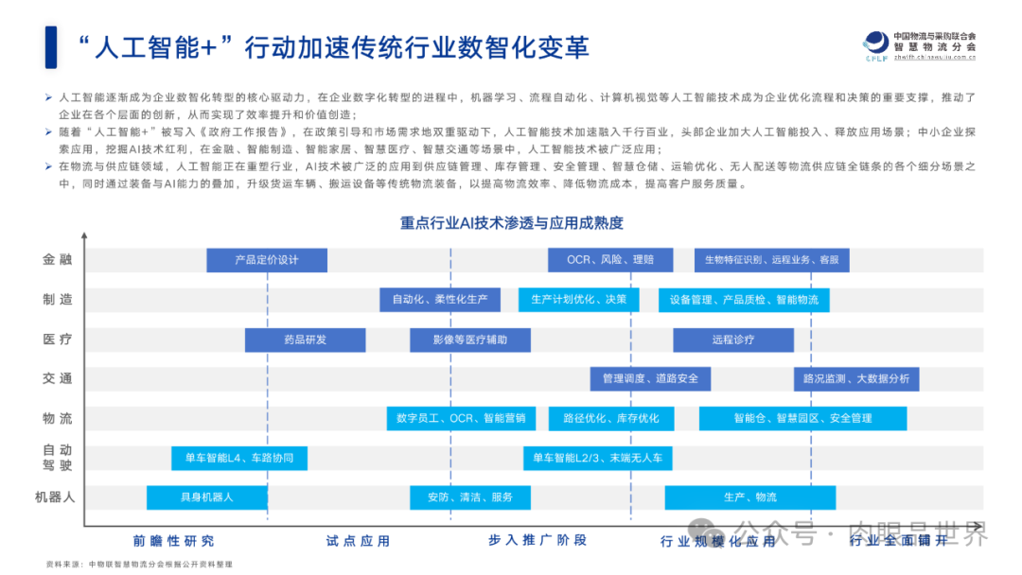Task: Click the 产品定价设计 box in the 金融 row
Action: pyautogui.click(x=266, y=260)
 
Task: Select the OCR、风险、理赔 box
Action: pyautogui.click(x=609, y=260)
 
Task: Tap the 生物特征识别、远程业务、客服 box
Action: pyautogui.click(x=771, y=260)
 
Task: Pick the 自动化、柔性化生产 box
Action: pyautogui.click(x=440, y=300)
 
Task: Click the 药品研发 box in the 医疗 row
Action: pyautogui.click(x=305, y=340)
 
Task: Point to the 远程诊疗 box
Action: pyautogui.click(x=733, y=340)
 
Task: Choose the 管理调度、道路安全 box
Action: pyautogui.click(x=650, y=379)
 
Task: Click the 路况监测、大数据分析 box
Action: pyautogui.click(x=855, y=379)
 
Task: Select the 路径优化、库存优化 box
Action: pyautogui.click(x=610, y=418)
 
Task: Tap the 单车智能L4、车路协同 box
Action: pyautogui.click(x=238, y=459)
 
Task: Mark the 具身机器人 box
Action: pyautogui.click(x=206, y=497)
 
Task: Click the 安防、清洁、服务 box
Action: pyautogui.click(x=469, y=497)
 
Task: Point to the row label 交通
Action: pyautogui.click(x=57, y=378)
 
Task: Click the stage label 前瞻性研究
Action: pyautogui.click(x=173, y=541)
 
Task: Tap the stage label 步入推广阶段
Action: pyautogui.click(x=537, y=541)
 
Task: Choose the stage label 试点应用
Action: pyautogui.click(x=358, y=541)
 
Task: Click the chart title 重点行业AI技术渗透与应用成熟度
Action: pyautogui.click(x=511, y=223)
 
